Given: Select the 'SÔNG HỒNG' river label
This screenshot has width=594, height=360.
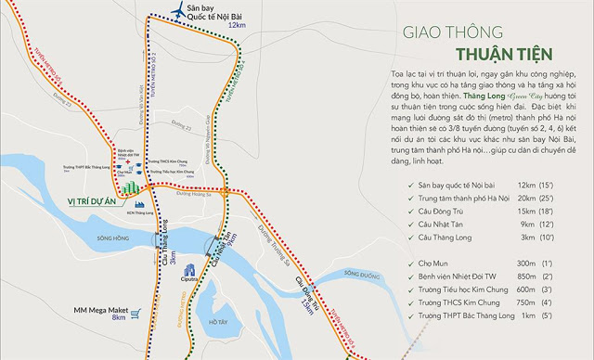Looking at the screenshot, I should [109, 238].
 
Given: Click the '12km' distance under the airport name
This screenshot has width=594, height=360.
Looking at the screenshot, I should [238, 24].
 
